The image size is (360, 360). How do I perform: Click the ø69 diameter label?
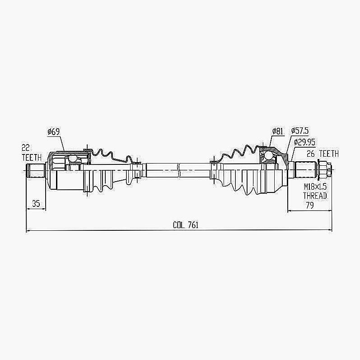[53, 131]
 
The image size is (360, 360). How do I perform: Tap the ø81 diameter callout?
[278, 131]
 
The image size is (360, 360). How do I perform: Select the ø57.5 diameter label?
[300, 131]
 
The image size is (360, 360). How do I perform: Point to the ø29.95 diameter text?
[304, 142]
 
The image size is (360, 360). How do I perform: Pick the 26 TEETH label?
[323, 154]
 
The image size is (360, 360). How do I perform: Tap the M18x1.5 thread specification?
[315, 187]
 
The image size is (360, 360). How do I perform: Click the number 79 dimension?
[310, 205]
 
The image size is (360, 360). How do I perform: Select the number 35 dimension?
[36, 203]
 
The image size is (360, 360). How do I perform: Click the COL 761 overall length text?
[186, 225]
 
